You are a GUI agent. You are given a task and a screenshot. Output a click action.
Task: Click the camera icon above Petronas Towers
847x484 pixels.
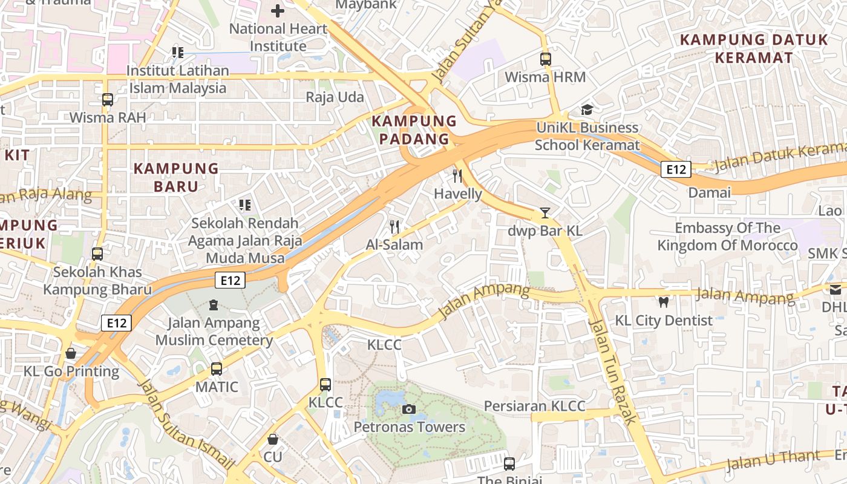point(409,410)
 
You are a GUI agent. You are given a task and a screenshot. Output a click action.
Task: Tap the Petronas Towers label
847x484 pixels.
point(409,427)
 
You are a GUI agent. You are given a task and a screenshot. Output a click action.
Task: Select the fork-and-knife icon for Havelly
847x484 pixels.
point(457,176)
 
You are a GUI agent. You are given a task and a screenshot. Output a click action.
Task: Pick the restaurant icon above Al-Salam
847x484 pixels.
point(394,227)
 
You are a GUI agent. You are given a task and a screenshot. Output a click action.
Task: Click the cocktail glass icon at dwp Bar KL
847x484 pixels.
point(545,213)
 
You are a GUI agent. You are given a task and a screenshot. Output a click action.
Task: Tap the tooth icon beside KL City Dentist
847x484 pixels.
point(663,302)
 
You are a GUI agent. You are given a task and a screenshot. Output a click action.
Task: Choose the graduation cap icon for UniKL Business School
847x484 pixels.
point(587,110)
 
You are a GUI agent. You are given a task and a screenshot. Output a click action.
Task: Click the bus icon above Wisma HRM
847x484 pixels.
point(546,59)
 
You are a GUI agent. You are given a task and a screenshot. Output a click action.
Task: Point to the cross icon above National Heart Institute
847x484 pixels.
point(278,11)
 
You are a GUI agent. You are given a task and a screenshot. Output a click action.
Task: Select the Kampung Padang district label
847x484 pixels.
point(414,130)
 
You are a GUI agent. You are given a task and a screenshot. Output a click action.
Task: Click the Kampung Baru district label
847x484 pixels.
point(175,177)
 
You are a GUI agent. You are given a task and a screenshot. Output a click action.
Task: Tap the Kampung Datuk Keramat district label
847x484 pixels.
point(753,49)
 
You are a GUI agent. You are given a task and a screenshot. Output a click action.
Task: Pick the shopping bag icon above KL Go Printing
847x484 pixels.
point(71,353)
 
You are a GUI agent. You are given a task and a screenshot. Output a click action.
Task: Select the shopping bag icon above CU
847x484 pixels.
point(273,439)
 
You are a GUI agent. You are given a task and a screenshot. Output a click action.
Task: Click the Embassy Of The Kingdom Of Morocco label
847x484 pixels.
point(727,237)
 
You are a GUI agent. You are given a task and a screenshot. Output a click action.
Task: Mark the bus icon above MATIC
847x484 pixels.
point(217,368)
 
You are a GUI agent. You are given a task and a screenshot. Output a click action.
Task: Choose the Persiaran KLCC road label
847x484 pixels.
point(534,406)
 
